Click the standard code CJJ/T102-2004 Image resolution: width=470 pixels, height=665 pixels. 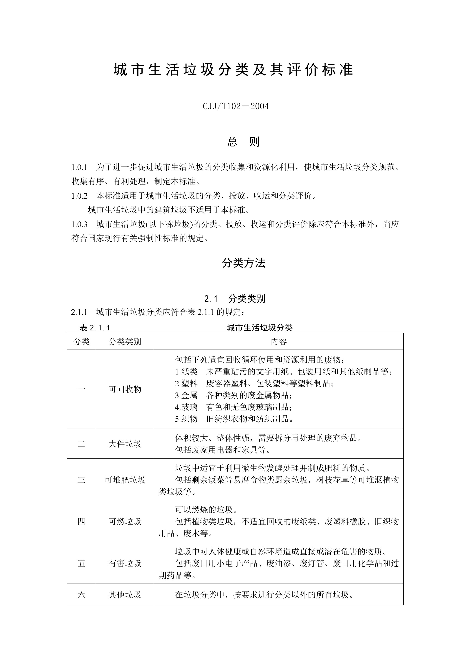(x=236, y=106)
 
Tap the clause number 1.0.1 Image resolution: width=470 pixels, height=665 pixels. (x=79, y=167)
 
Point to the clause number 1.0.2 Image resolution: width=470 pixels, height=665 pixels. (x=79, y=196)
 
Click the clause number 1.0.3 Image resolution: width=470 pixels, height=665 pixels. (x=79, y=225)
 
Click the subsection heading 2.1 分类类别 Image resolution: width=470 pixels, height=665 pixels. (x=235, y=299)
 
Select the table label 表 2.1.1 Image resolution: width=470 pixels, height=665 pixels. (x=95, y=328)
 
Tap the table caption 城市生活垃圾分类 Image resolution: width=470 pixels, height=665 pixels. (x=260, y=328)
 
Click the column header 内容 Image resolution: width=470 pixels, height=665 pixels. (x=278, y=342)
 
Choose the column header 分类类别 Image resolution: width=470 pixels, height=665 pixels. (x=125, y=342)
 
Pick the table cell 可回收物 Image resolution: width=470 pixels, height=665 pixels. (x=125, y=389)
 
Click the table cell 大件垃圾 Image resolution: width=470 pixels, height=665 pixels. (x=125, y=444)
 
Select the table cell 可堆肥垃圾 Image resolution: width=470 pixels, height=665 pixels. (x=125, y=480)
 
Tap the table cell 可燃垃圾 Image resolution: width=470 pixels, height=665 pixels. (x=125, y=522)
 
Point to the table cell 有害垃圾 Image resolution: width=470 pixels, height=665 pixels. (x=125, y=563)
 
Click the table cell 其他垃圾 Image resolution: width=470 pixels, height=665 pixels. (x=125, y=595)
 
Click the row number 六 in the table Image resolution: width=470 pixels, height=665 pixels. (x=81, y=595)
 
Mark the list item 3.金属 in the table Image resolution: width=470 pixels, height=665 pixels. (x=186, y=395)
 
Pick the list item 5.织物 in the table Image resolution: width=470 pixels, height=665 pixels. (x=186, y=419)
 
